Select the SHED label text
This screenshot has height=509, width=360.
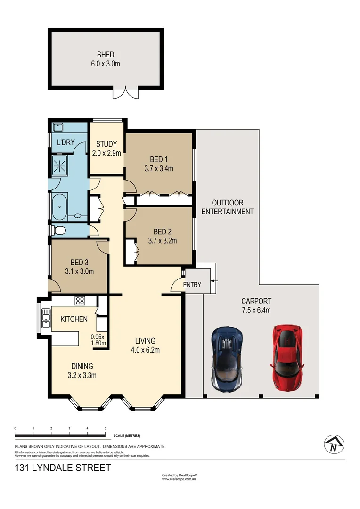coord(106,55)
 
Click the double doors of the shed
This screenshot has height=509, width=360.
coord(125,93)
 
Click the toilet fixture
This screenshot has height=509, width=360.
coord(59,230)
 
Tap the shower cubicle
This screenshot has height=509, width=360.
coord(60,165)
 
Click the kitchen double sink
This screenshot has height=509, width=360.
coord(46,317)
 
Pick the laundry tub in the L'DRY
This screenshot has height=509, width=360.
coord(58,127)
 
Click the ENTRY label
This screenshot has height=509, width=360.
coord(192,285)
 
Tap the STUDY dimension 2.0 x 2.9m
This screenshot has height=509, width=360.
coord(106,153)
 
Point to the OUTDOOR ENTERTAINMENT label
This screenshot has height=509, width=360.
coord(228,207)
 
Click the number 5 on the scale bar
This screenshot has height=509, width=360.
coord(105,428)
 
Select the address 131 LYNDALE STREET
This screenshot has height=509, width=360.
coord(63,468)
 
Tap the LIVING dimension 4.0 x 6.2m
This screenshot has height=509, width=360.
coord(145,350)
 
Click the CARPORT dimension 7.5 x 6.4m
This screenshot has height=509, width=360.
coord(256,310)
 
